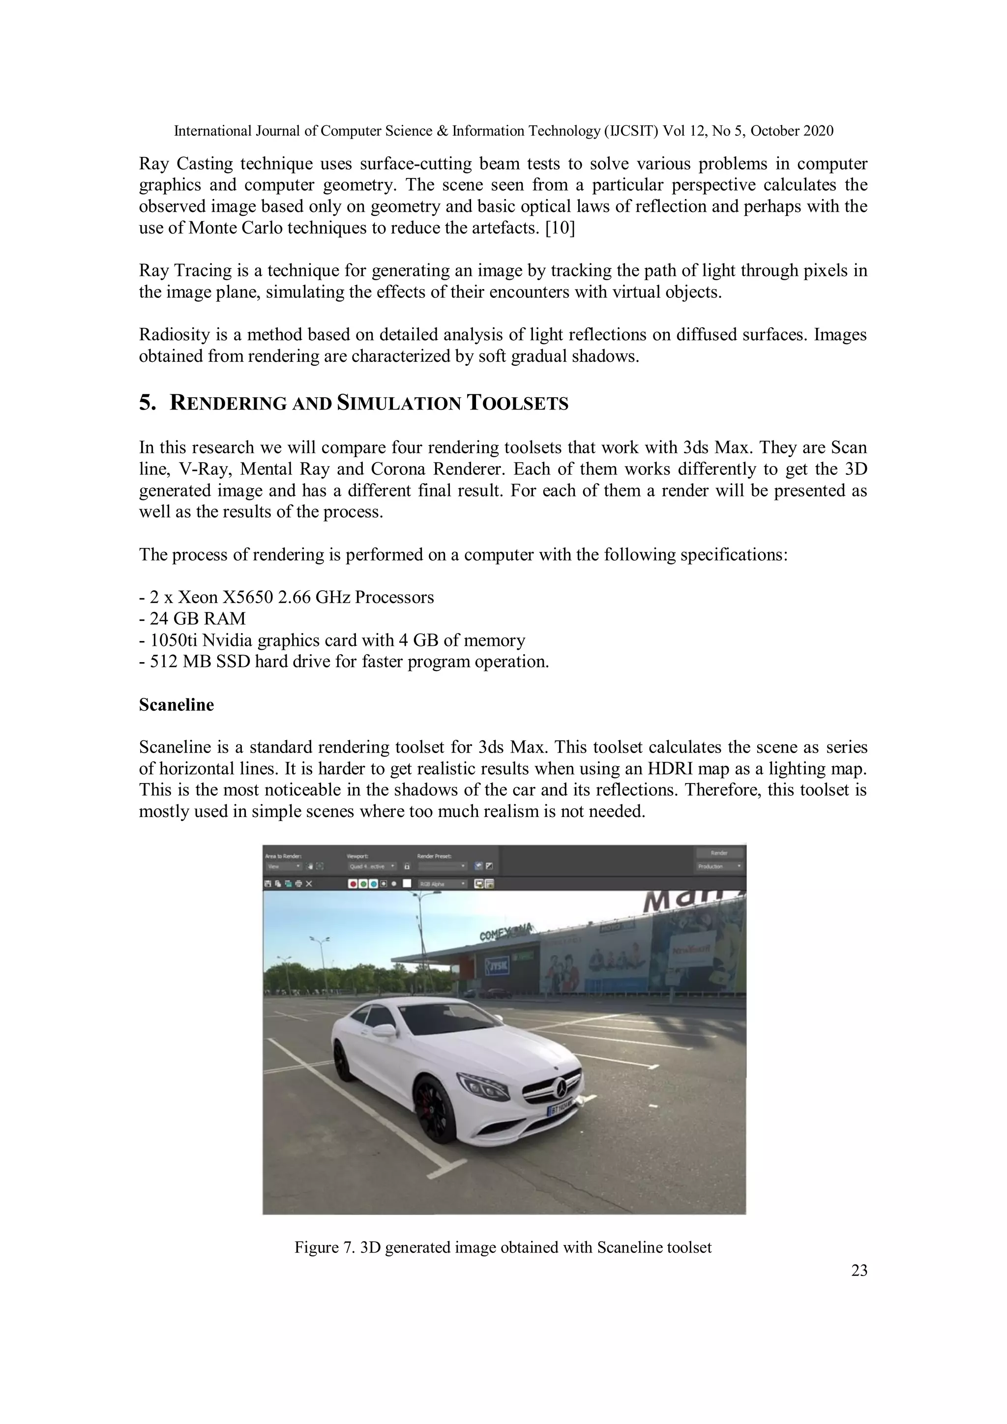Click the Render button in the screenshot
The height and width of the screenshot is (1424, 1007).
[x=718, y=853]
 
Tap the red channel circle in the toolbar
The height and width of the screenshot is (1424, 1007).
[x=353, y=884]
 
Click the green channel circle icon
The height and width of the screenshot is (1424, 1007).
[x=363, y=884]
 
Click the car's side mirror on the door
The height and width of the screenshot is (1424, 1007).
[x=384, y=1031]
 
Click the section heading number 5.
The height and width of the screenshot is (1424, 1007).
[x=147, y=403]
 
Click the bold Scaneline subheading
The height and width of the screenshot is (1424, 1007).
[x=176, y=705]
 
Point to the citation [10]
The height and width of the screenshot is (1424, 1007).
[x=560, y=228]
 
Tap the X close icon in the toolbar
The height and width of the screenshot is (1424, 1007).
[x=309, y=884]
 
